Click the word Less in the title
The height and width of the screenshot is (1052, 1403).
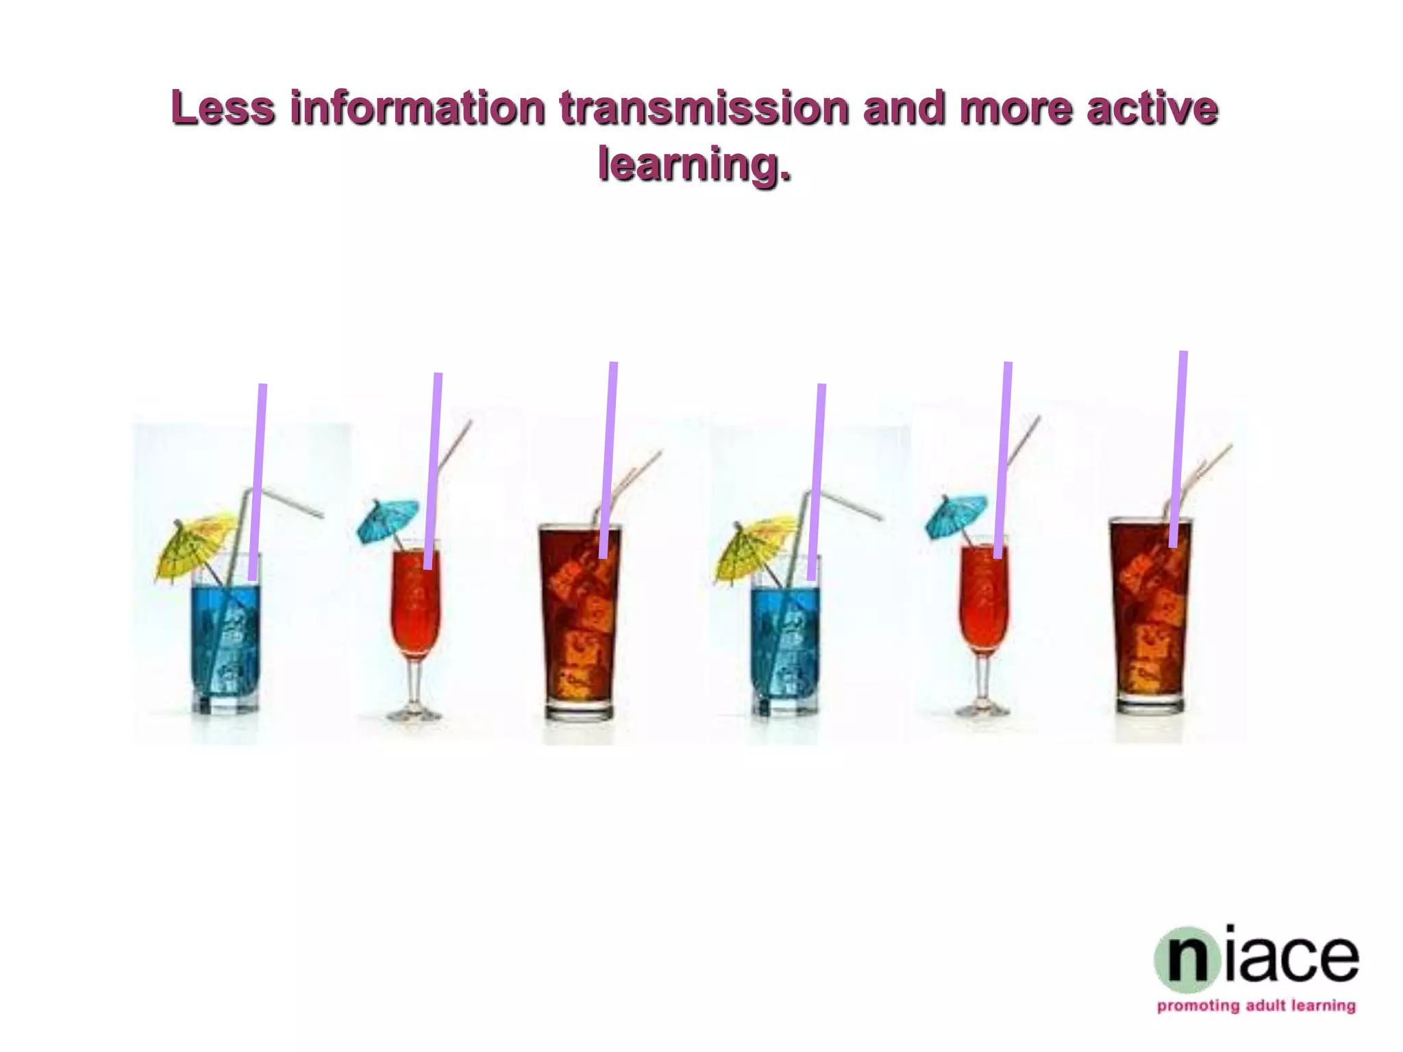(x=223, y=108)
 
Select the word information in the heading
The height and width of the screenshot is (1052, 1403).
(x=417, y=108)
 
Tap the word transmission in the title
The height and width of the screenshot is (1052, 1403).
(x=704, y=108)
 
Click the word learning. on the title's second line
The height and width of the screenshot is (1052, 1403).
(x=694, y=164)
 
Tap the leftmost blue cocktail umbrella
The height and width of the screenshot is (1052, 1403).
(x=388, y=518)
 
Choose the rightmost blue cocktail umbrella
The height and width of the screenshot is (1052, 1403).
(x=956, y=514)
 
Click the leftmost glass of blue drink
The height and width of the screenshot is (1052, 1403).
(x=225, y=640)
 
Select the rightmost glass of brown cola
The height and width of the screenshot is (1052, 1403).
(x=1151, y=616)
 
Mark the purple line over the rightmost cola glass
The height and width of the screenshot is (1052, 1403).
(x=1178, y=449)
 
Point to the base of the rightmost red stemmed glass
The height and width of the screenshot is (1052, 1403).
(x=982, y=710)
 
